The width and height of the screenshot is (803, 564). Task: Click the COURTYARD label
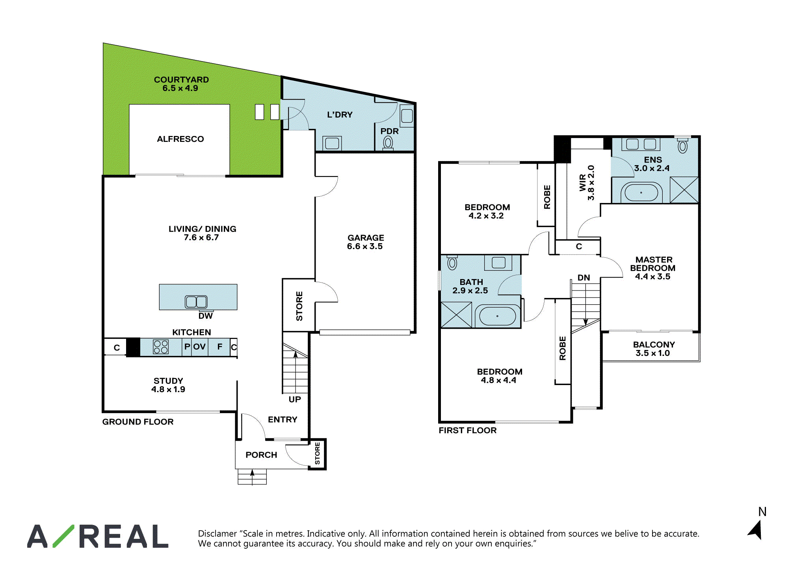(x=181, y=84)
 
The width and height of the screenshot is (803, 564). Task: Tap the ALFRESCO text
(x=180, y=139)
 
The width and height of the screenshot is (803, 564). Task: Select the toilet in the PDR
(x=388, y=143)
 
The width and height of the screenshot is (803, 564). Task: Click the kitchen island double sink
(x=196, y=302)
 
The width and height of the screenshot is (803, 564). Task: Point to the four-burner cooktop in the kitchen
(x=161, y=347)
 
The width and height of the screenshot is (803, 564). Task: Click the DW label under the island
(x=205, y=316)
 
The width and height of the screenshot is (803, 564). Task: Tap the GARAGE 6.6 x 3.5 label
(x=365, y=242)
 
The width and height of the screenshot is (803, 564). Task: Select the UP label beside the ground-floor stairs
(x=295, y=399)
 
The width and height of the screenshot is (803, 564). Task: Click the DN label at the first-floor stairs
(x=584, y=277)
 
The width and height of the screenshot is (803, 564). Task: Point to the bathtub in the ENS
(x=641, y=193)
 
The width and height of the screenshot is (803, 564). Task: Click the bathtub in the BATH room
(x=498, y=316)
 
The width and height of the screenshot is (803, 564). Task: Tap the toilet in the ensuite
(x=682, y=145)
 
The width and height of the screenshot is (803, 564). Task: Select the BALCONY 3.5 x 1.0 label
(x=654, y=349)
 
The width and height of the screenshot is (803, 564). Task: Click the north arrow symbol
(x=756, y=530)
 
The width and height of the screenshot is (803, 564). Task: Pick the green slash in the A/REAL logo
(x=63, y=536)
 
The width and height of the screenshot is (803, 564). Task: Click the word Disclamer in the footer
(x=217, y=534)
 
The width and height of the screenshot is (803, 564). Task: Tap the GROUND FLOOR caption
(x=138, y=422)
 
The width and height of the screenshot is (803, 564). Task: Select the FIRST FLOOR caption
(x=468, y=430)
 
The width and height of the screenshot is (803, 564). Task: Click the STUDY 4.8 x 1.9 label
(x=168, y=385)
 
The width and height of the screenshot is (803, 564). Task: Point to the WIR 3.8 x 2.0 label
(x=586, y=182)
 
